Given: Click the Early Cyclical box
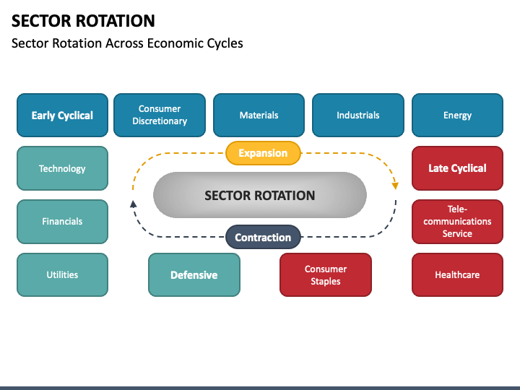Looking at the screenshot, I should tap(62, 115).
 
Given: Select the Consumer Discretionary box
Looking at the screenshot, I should tap(160, 115).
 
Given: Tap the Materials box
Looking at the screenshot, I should tap(259, 115).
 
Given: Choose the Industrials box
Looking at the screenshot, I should tap(357, 115).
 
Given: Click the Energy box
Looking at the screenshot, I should tap(457, 115).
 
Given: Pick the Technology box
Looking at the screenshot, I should tap(62, 168).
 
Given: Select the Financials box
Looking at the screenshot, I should tap(62, 222).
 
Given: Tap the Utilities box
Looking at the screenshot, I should tap(62, 274).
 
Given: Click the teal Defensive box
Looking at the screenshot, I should tap(194, 274).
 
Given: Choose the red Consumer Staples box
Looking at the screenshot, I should tap(326, 274).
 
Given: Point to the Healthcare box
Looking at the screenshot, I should tap(457, 274).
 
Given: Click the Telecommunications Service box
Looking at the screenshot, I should tap(457, 222).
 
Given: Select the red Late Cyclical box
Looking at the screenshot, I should tap(457, 168).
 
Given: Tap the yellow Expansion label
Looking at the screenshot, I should tap(263, 153).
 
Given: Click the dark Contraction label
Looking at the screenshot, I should tap(263, 238).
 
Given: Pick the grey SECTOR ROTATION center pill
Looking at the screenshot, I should tap(260, 195).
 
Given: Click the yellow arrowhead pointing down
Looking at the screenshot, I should tap(395, 186).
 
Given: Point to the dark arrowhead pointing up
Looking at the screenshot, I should tap(133, 204).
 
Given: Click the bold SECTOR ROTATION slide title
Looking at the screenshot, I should tap(83, 20).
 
